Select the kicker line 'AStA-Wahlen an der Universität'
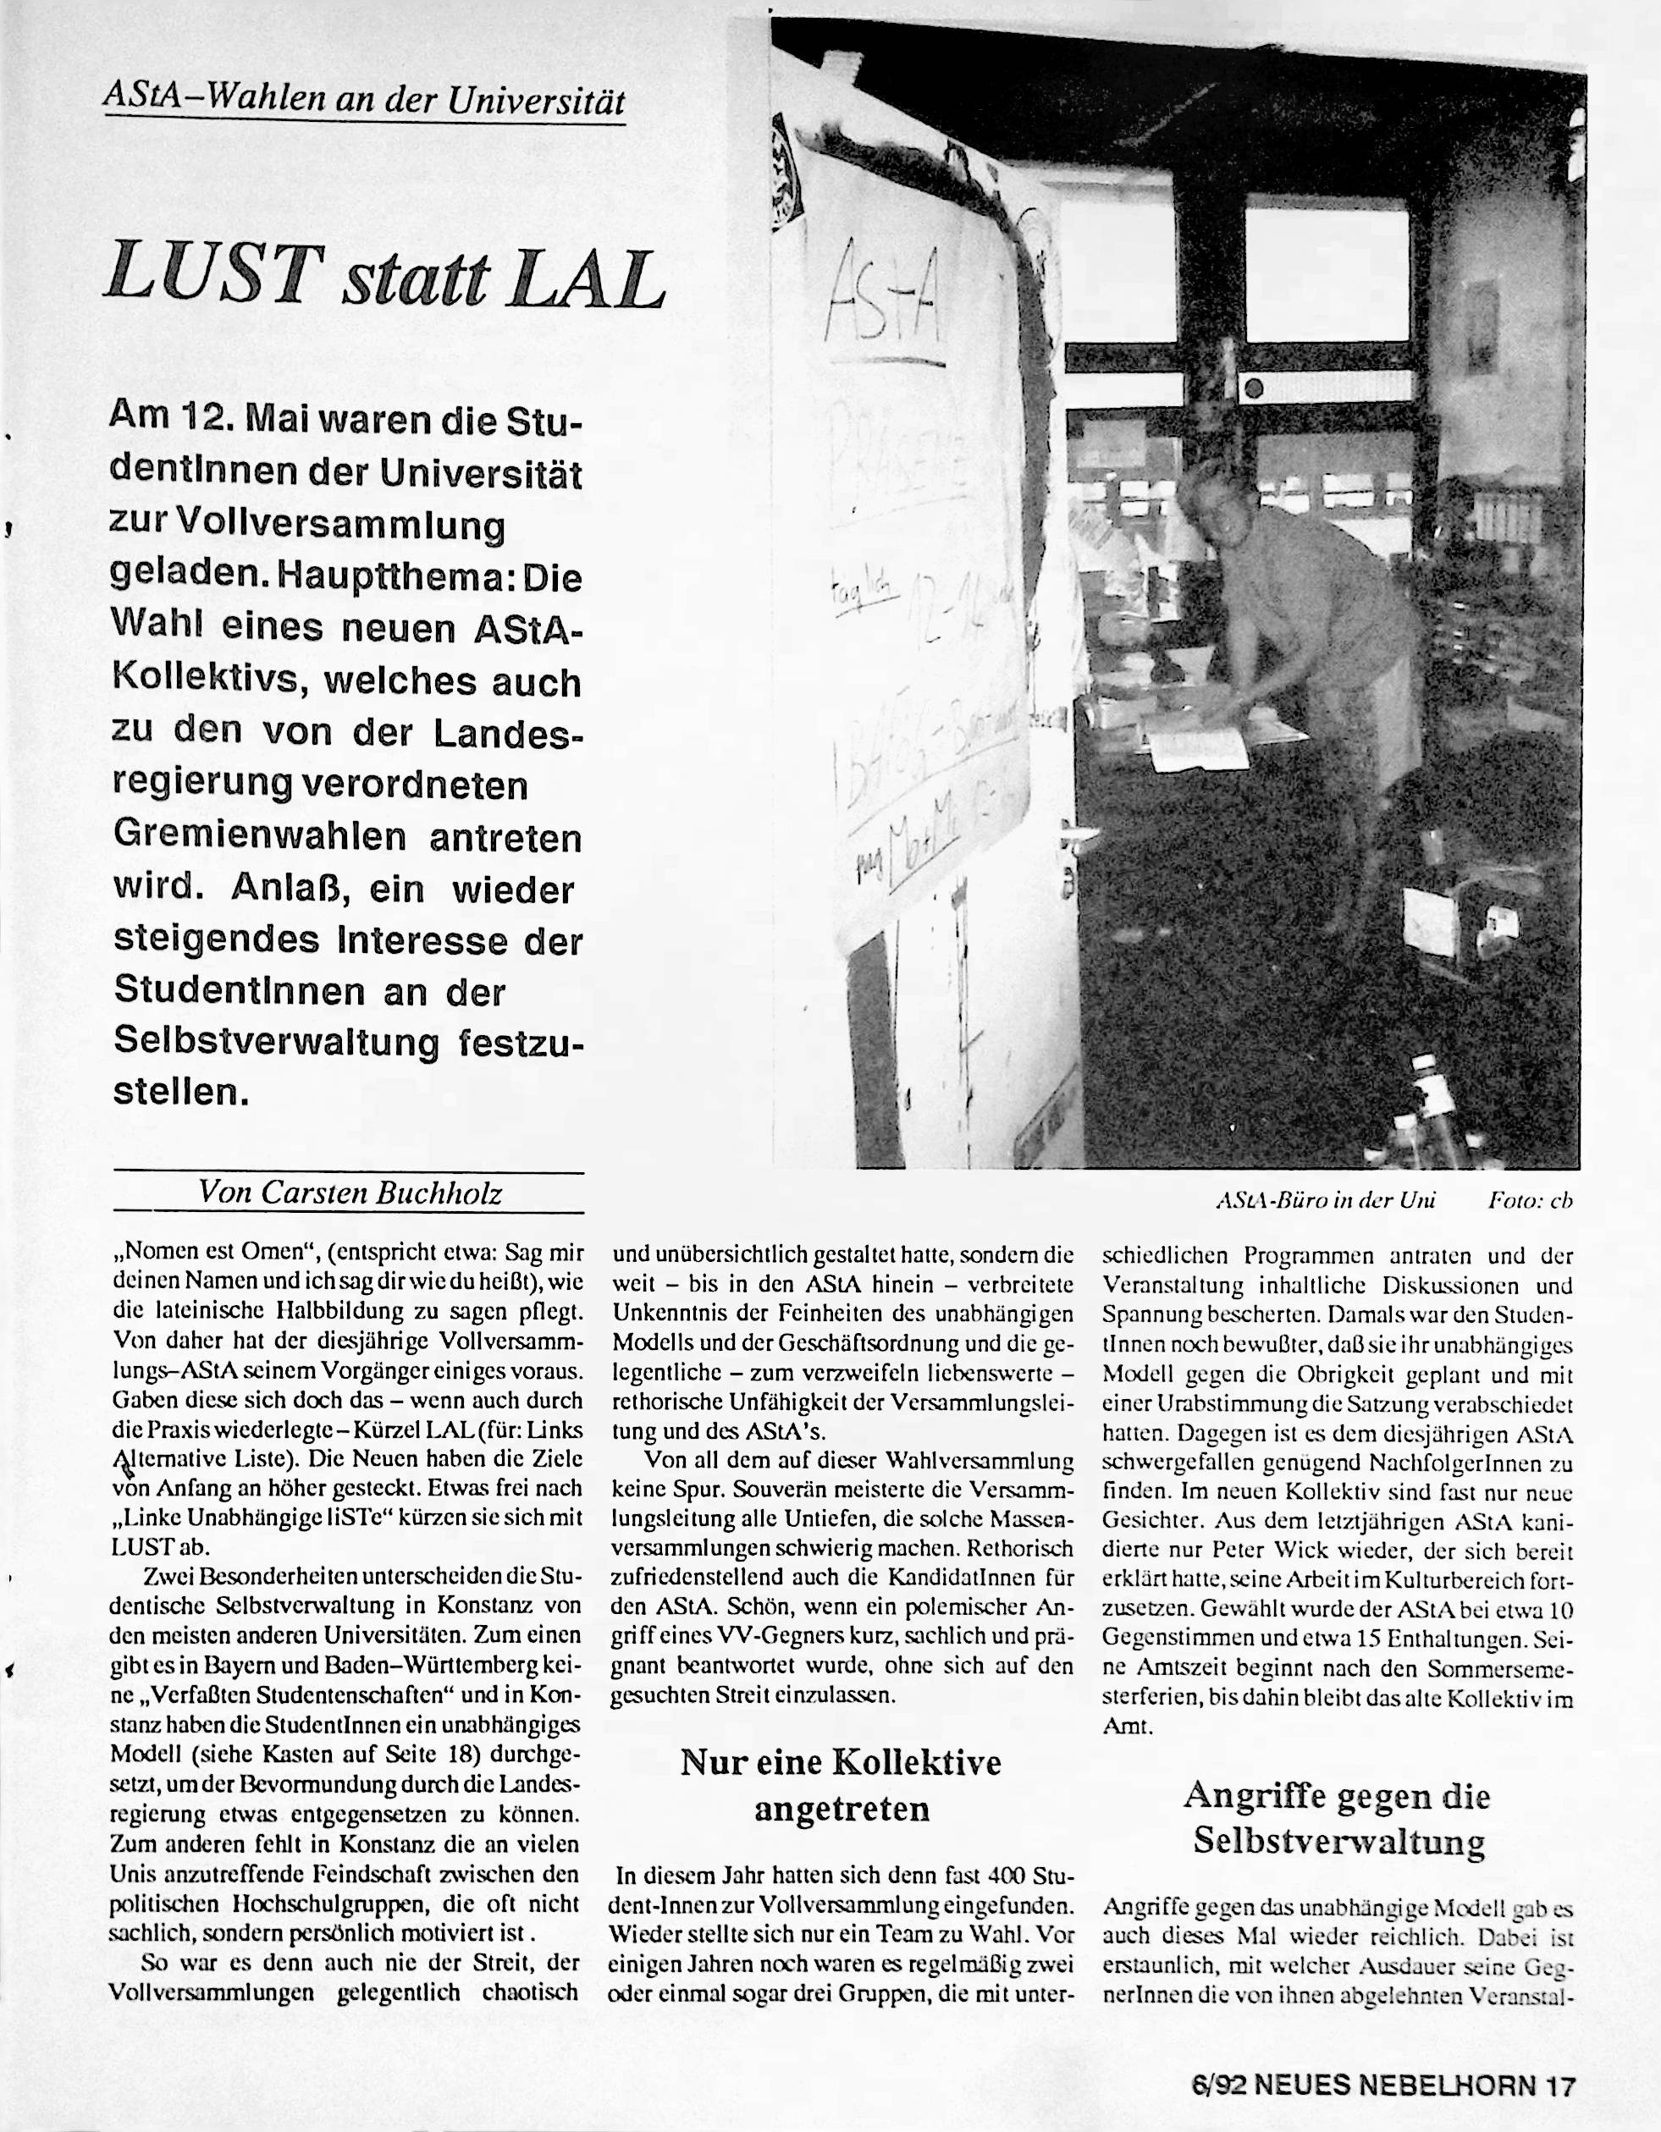coord(363,101)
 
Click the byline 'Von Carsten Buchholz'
coord(350,1192)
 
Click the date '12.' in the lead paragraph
coord(207,421)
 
